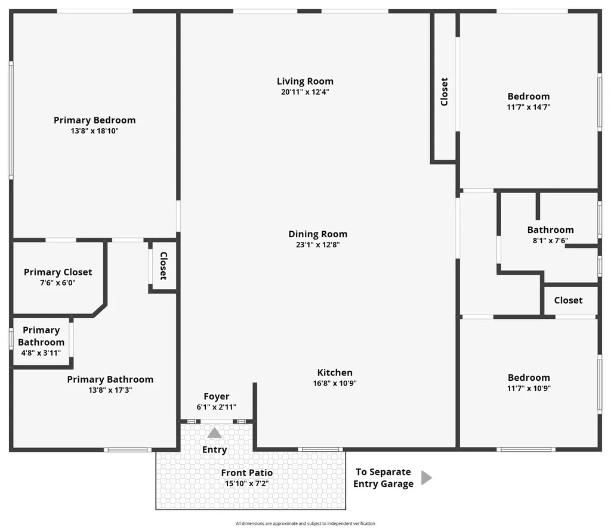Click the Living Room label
coord(305,82)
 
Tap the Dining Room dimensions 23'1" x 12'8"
coord(317,244)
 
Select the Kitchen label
coord(335,372)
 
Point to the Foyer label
coord(216,396)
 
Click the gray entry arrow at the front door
coord(214,433)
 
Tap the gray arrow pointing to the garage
coord(426,477)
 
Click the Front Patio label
coord(246,473)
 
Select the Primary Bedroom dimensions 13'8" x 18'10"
coord(94,131)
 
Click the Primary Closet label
coord(58,272)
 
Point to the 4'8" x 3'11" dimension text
coord(41,353)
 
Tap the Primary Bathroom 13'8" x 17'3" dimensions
coord(110,390)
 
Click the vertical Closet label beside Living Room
coord(444,92)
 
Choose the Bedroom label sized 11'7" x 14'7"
coord(529,97)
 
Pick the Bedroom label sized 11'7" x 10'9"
coord(529,377)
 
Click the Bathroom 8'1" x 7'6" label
coord(550,230)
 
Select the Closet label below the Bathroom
coord(568,300)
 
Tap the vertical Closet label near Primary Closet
coord(163,266)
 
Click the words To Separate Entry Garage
coord(383,478)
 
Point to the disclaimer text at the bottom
coord(305,523)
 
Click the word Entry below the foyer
coord(214,450)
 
